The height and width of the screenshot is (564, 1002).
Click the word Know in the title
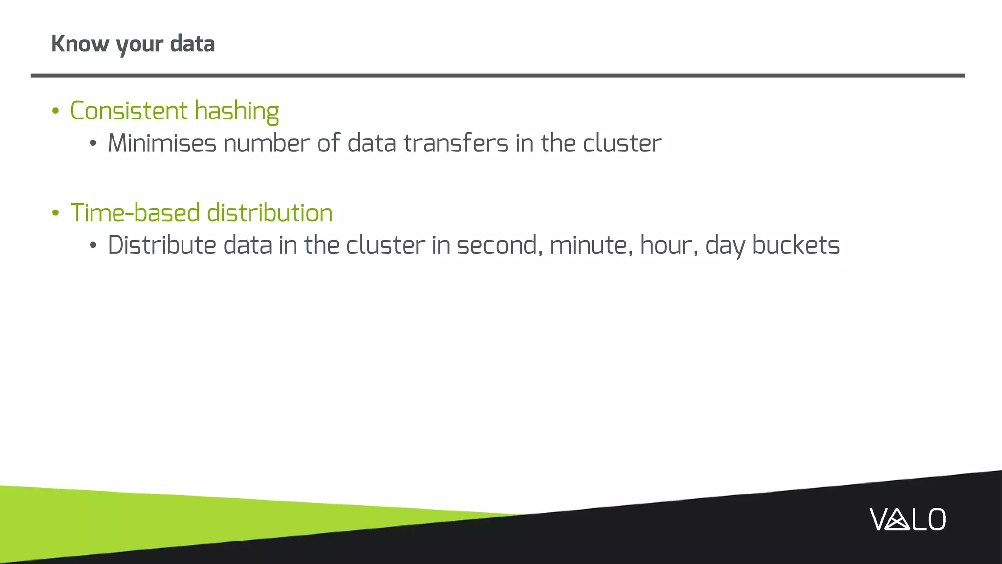coord(80,44)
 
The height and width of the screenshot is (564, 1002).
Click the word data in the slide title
coord(192,44)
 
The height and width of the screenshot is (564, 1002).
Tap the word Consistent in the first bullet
coord(129,111)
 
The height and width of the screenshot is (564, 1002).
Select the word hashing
coord(237,112)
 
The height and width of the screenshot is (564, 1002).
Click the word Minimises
coord(162,143)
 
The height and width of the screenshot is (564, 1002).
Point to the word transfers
coord(455,143)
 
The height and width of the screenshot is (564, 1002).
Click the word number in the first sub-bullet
coord(266,143)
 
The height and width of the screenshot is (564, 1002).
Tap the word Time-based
coord(136,213)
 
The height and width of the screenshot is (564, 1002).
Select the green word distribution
coord(270,213)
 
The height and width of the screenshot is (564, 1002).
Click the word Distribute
coord(162,245)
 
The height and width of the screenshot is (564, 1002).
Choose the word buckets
coord(796,245)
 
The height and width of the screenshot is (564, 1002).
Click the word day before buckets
coord(725,246)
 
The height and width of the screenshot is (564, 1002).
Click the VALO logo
coord(907,519)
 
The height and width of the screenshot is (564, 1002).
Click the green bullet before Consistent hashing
coord(55,111)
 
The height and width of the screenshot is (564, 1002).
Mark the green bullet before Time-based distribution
coord(55,213)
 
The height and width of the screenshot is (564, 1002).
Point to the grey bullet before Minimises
coord(93,144)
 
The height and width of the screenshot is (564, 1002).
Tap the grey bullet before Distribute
coord(93,246)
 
